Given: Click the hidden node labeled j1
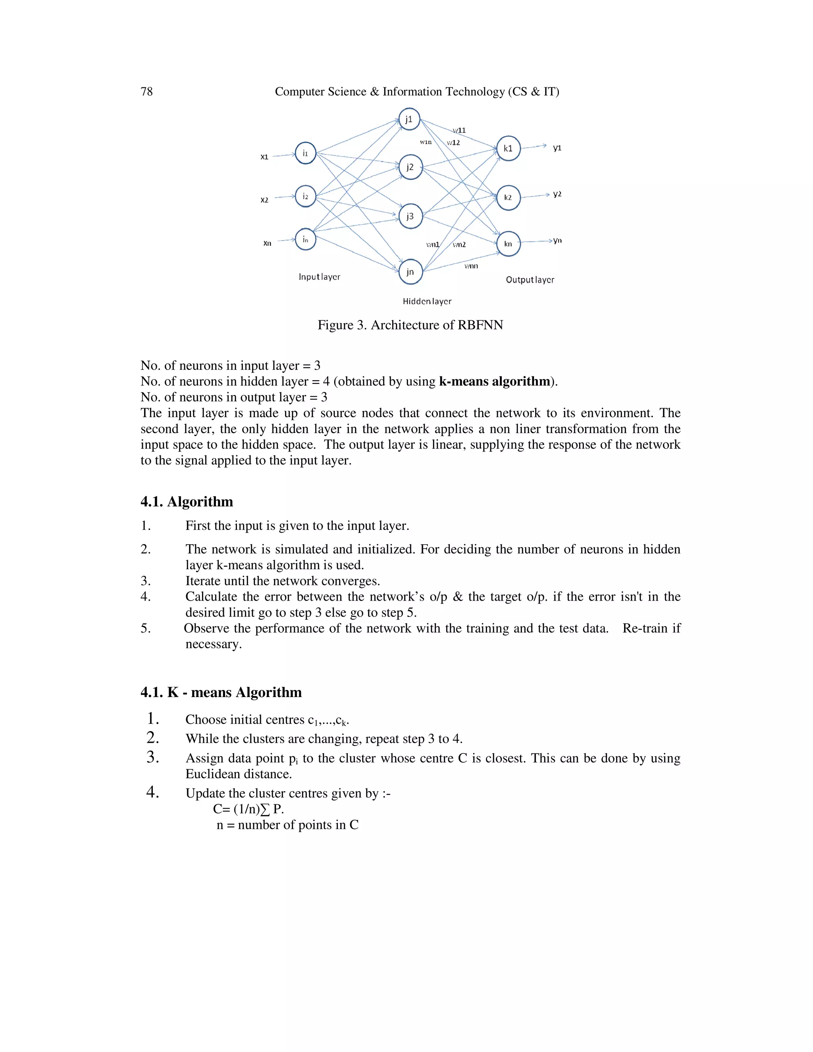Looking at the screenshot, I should coord(409,119).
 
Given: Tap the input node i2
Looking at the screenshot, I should coord(305,197).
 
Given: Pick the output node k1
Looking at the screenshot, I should coord(508,148).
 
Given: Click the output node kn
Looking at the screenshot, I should coord(508,244).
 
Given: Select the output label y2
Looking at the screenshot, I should coord(557,194).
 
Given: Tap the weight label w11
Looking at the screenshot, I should coord(459,131).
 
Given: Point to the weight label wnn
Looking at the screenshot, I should coord(471,266).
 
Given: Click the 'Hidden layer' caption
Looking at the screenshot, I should coord(427,302).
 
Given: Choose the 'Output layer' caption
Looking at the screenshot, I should coord(530,280).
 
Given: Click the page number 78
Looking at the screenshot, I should coord(146,92).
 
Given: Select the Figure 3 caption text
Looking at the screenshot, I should coord(410,325).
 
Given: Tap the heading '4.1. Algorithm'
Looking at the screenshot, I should coord(187,502).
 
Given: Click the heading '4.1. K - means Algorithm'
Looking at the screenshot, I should coord(221,693).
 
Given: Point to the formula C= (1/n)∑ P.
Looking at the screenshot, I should coord(249,809).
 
